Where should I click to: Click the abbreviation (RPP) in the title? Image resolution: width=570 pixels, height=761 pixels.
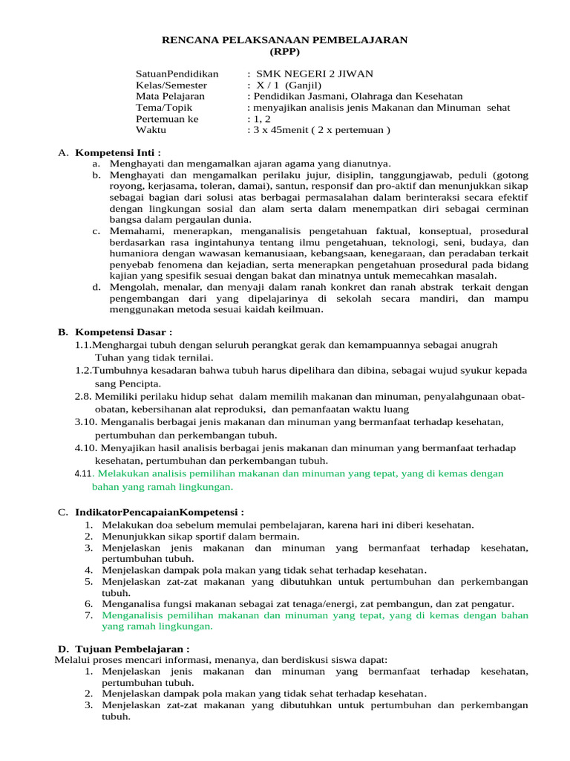pyautogui.click(x=285, y=51)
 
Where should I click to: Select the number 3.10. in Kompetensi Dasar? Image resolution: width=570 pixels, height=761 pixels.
pyautogui.click(x=86, y=421)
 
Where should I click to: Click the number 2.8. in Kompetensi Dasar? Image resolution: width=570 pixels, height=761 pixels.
pyautogui.click(x=83, y=397)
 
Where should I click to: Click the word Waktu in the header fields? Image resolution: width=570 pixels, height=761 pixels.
pyautogui.click(x=151, y=129)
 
